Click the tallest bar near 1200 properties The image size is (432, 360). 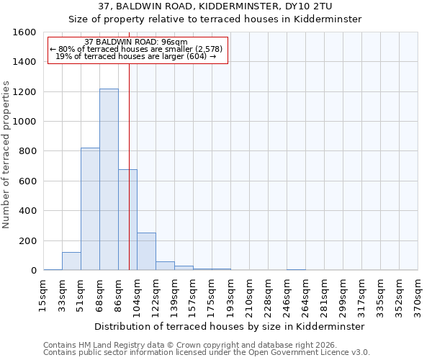[109, 179]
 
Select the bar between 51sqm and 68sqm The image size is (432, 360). [90, 209]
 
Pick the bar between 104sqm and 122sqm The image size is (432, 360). [146, 251]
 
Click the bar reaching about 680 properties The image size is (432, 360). [127, 220]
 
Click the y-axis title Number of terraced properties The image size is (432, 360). [7, 155]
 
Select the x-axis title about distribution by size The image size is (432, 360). [230, 326]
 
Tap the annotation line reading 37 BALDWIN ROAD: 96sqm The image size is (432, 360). [136, 42]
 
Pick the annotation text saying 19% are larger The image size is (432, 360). [136, 56]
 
